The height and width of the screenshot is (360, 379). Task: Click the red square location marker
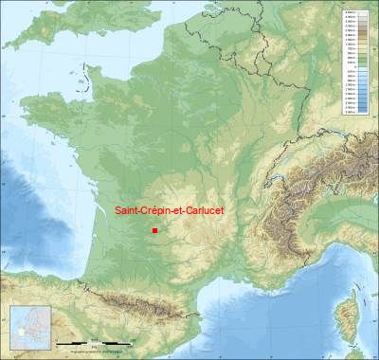tap(154, 229)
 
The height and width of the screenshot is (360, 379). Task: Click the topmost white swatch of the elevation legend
tap(352, 11)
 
